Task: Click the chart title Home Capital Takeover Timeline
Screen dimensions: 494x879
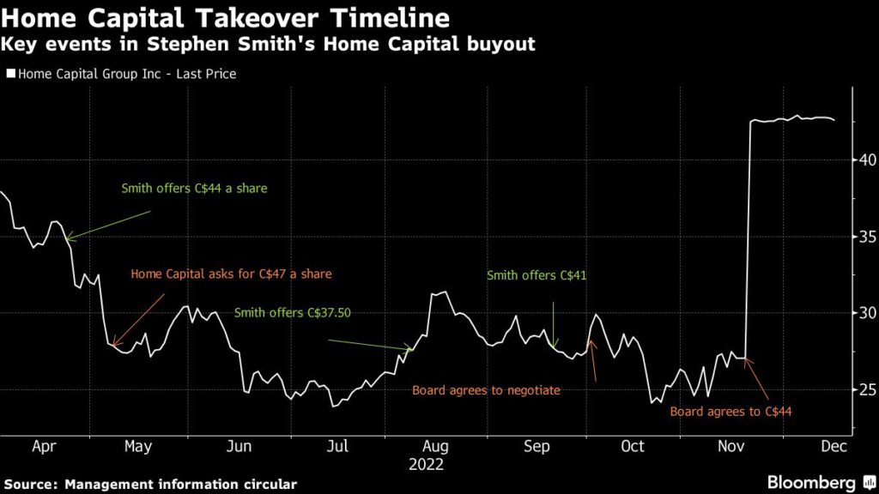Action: tap(225, 17)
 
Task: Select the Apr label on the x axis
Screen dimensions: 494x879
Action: tap(43, 447)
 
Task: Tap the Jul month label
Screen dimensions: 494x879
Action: tap(338, 447)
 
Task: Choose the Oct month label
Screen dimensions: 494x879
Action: tap(633, 447)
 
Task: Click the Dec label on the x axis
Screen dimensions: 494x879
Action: tap(834, 447)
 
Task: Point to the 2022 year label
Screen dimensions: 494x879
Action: tap(427, 464)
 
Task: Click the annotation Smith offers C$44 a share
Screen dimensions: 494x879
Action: tap(194, 189)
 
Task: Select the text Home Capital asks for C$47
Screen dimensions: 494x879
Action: tap(231, 274)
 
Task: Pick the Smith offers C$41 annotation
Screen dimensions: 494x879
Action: tap(536, 276)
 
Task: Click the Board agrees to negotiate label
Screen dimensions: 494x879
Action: tap(486, 390)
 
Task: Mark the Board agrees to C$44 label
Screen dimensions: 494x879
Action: tap(730, 412)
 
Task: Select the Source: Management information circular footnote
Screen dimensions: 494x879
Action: tap(150, 485)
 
